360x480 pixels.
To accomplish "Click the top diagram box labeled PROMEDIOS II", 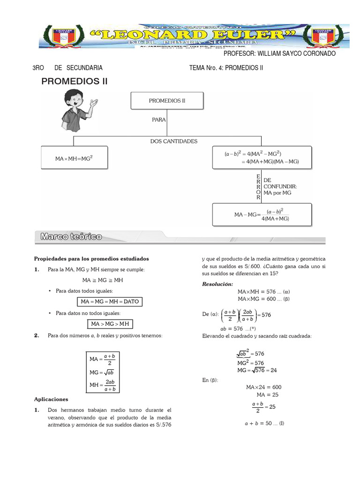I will (167, 101).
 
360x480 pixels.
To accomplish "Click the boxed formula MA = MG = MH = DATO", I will (110, 301).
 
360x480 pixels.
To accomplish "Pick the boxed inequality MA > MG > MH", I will (110, 324).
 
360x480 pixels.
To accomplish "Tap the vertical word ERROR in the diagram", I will (258, 187).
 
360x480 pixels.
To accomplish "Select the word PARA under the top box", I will (159, 120).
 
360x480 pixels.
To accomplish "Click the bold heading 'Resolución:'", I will (217, 284).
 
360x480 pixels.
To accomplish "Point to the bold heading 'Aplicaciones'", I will (51, 399).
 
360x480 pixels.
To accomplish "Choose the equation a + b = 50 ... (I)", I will (264, 423).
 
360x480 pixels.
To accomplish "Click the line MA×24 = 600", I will (263, 387).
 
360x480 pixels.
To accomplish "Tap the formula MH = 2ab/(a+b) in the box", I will (105, 385).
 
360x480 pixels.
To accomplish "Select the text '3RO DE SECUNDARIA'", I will (67, 68).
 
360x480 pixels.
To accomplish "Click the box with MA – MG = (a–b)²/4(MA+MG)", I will (262, 215).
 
